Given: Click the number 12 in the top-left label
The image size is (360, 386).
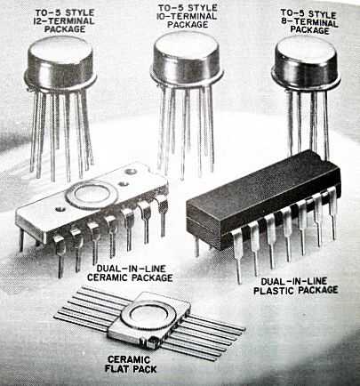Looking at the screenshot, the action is click(38, 21).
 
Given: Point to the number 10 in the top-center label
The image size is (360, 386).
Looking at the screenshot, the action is click(162, 16).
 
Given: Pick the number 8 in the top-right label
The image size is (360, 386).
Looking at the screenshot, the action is click(284, 21).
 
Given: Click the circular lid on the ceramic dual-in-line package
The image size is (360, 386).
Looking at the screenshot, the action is click(92, 194).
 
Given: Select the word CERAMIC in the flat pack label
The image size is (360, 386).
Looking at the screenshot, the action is click(129, 359).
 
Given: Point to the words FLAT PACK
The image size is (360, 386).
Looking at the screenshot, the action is click(131, 369).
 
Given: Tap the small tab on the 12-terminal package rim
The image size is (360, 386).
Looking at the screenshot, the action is click(28, 88).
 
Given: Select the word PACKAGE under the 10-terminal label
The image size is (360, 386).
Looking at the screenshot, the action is click(188, 25).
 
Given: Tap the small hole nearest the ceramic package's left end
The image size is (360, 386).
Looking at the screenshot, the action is click(60, 209).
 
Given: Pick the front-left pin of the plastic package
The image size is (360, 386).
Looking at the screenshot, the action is click(237, 256).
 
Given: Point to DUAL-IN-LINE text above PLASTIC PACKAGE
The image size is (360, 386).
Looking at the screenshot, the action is click(294, 281).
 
